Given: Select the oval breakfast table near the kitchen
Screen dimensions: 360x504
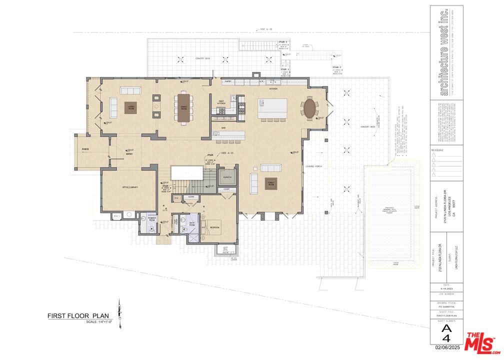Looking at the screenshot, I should click(x=309, y=108).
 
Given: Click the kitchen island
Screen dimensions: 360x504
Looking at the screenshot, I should click(x=272, y=108).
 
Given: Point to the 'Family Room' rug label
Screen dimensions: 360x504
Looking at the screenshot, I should click(x=271, y=183).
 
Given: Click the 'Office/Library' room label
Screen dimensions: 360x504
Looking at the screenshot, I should click(x=130, y=187).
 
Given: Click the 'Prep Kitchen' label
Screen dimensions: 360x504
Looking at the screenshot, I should click(x=221, y=102).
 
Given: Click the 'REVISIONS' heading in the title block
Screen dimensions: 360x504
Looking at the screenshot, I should click(x=438, y=149).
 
